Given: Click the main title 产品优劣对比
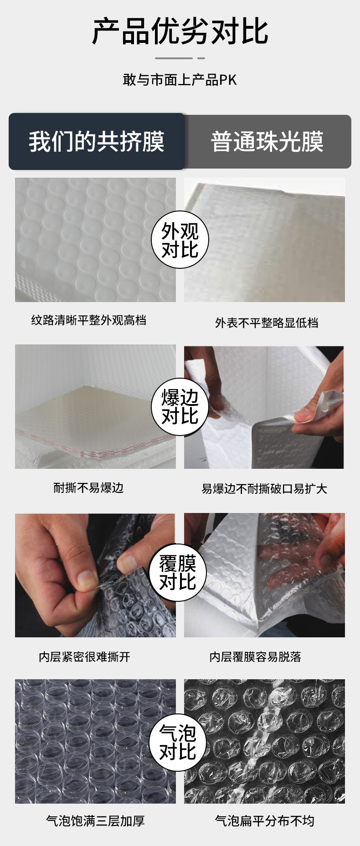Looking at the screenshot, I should click(x=180, y=32).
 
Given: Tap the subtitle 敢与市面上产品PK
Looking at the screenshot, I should click(x=180, y=80).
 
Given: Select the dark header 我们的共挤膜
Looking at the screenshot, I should click(x=97, y=141).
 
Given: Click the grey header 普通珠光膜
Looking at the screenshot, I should click(x=267, y=142).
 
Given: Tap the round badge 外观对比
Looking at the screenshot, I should click(x=180, y=240).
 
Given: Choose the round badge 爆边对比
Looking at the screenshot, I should click(x=180, y=407).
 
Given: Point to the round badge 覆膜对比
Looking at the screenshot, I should click(x=178, y=573).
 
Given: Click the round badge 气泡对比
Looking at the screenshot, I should click(x=178, y=743).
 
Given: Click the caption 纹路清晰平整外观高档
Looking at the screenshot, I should click(x=89, y=320).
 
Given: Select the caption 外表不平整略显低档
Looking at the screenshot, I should click(x=267, y=323).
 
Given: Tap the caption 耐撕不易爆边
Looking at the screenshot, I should click(x=89, y=488).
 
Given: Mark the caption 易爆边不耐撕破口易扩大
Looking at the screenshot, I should click(x=264, y=489).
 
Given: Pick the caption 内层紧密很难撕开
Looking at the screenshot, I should click(x=85, y=656).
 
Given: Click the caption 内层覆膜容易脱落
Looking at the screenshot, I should click(x=255, y=656).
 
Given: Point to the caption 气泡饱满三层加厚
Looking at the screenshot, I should click(x=95, y=821).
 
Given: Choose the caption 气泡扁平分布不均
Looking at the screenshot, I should click(x=264, y=821).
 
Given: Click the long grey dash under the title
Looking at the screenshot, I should click(x=174, y=58).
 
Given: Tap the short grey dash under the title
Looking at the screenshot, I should click(x=201, y=58).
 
